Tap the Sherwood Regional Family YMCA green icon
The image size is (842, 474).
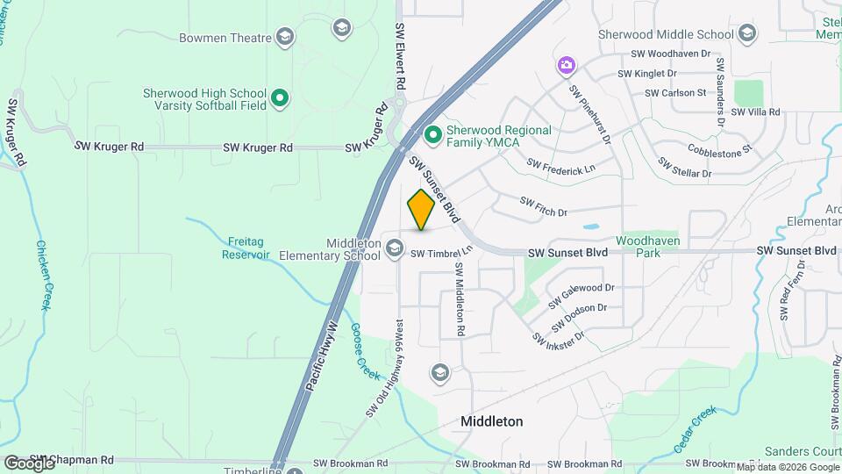point(432,135)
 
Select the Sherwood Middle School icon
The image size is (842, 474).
point(746,34)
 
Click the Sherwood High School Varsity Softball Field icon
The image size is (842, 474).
point(280,97)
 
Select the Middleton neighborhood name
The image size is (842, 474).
point(492,421)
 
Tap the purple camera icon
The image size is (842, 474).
point(567,64)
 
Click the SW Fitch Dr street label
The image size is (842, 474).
point(544,206)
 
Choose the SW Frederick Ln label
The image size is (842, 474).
point(560,165)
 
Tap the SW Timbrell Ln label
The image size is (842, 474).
point(432,253)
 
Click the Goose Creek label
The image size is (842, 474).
point(364,352)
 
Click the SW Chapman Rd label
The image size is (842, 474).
point(72,460)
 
